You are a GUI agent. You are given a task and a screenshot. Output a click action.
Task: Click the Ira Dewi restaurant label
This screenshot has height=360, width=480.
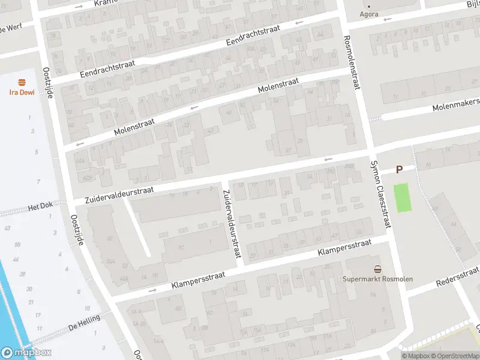[21, 92]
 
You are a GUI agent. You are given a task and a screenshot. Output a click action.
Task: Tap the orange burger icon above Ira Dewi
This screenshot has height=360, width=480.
[22, 83]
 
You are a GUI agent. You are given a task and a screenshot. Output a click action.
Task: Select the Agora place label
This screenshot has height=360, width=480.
[369, 14]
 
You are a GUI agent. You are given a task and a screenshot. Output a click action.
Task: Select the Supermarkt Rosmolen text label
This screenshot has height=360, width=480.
[377, 279]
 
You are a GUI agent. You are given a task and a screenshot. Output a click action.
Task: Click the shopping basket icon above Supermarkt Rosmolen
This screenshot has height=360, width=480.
[377, 269]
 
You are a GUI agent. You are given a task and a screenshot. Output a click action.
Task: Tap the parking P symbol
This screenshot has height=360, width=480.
[399, 170]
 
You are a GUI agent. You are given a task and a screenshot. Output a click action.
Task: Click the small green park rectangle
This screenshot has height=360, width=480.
[404, 197]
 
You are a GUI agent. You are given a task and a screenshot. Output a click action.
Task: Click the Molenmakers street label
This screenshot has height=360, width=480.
[457, 106]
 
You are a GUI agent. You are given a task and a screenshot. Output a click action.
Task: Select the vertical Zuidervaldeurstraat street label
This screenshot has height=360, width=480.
[231, 224]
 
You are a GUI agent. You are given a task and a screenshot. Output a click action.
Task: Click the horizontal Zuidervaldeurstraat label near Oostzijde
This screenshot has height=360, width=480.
[119, 193]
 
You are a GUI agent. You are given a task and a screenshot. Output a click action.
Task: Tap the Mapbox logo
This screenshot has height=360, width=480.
[26, 353]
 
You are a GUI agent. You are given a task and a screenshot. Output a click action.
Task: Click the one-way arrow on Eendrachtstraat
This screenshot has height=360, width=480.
[299, 23]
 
